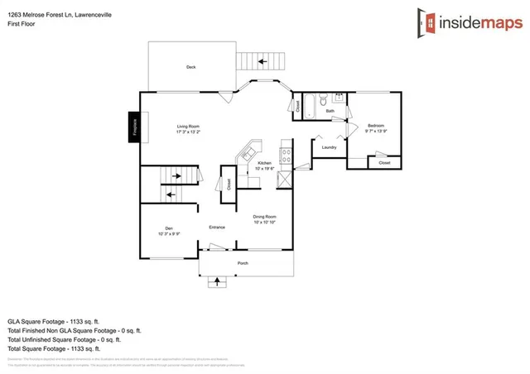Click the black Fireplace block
(x=132, y=128)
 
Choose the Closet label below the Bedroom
(x=384, y=163)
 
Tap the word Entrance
(x=217, y=227)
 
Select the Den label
(x=168, y=230)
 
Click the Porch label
(x=243, y=263)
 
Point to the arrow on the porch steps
(x=218, y=280)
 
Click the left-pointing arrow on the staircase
(x=171, y=195)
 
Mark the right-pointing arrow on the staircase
(x=175, y=175)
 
